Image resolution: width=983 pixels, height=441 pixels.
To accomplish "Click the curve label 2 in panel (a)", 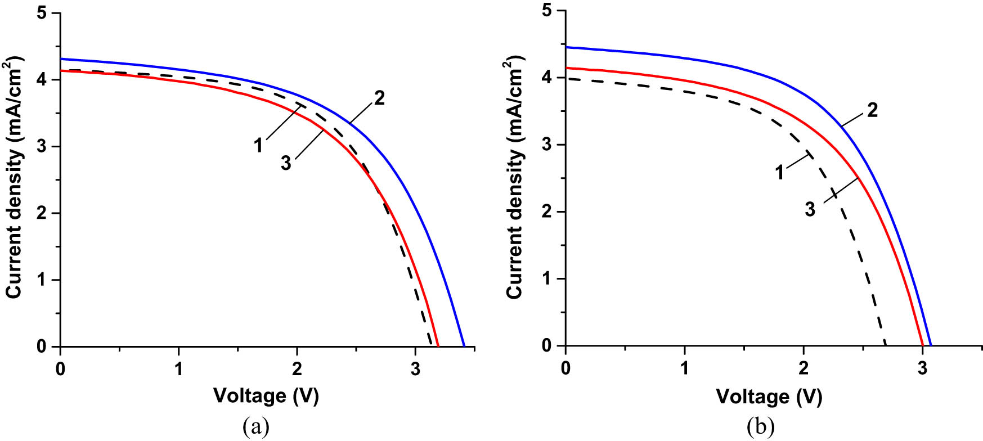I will (380, 98).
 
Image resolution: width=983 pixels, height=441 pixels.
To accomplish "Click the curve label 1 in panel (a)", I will (258, 145).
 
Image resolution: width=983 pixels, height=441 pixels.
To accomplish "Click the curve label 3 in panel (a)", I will (286, 163).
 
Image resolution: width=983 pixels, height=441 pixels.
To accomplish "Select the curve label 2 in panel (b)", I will (872, 110).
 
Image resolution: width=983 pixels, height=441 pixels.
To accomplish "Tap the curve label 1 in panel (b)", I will (780, 172).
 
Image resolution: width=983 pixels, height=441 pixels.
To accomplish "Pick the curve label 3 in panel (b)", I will (810, 209).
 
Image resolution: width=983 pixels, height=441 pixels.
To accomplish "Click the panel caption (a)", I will (255, 427).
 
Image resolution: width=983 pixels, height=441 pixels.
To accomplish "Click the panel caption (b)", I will (760, 427).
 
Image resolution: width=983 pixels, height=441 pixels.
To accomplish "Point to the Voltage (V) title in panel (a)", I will (266, 395).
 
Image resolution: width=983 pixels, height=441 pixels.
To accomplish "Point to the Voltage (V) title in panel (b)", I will (769, 397).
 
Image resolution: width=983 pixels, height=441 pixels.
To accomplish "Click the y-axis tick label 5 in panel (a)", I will (42, 13).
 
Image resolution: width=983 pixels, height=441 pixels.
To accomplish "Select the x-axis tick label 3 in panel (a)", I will (415, 369).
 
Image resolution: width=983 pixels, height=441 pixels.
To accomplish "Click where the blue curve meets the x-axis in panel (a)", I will (464, 346).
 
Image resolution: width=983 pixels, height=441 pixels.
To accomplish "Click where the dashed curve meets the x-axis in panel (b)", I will (886, 345).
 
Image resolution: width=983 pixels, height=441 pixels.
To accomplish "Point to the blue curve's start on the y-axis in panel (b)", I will (566, 47).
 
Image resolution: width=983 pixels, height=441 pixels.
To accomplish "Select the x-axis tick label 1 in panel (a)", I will (179, 369).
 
